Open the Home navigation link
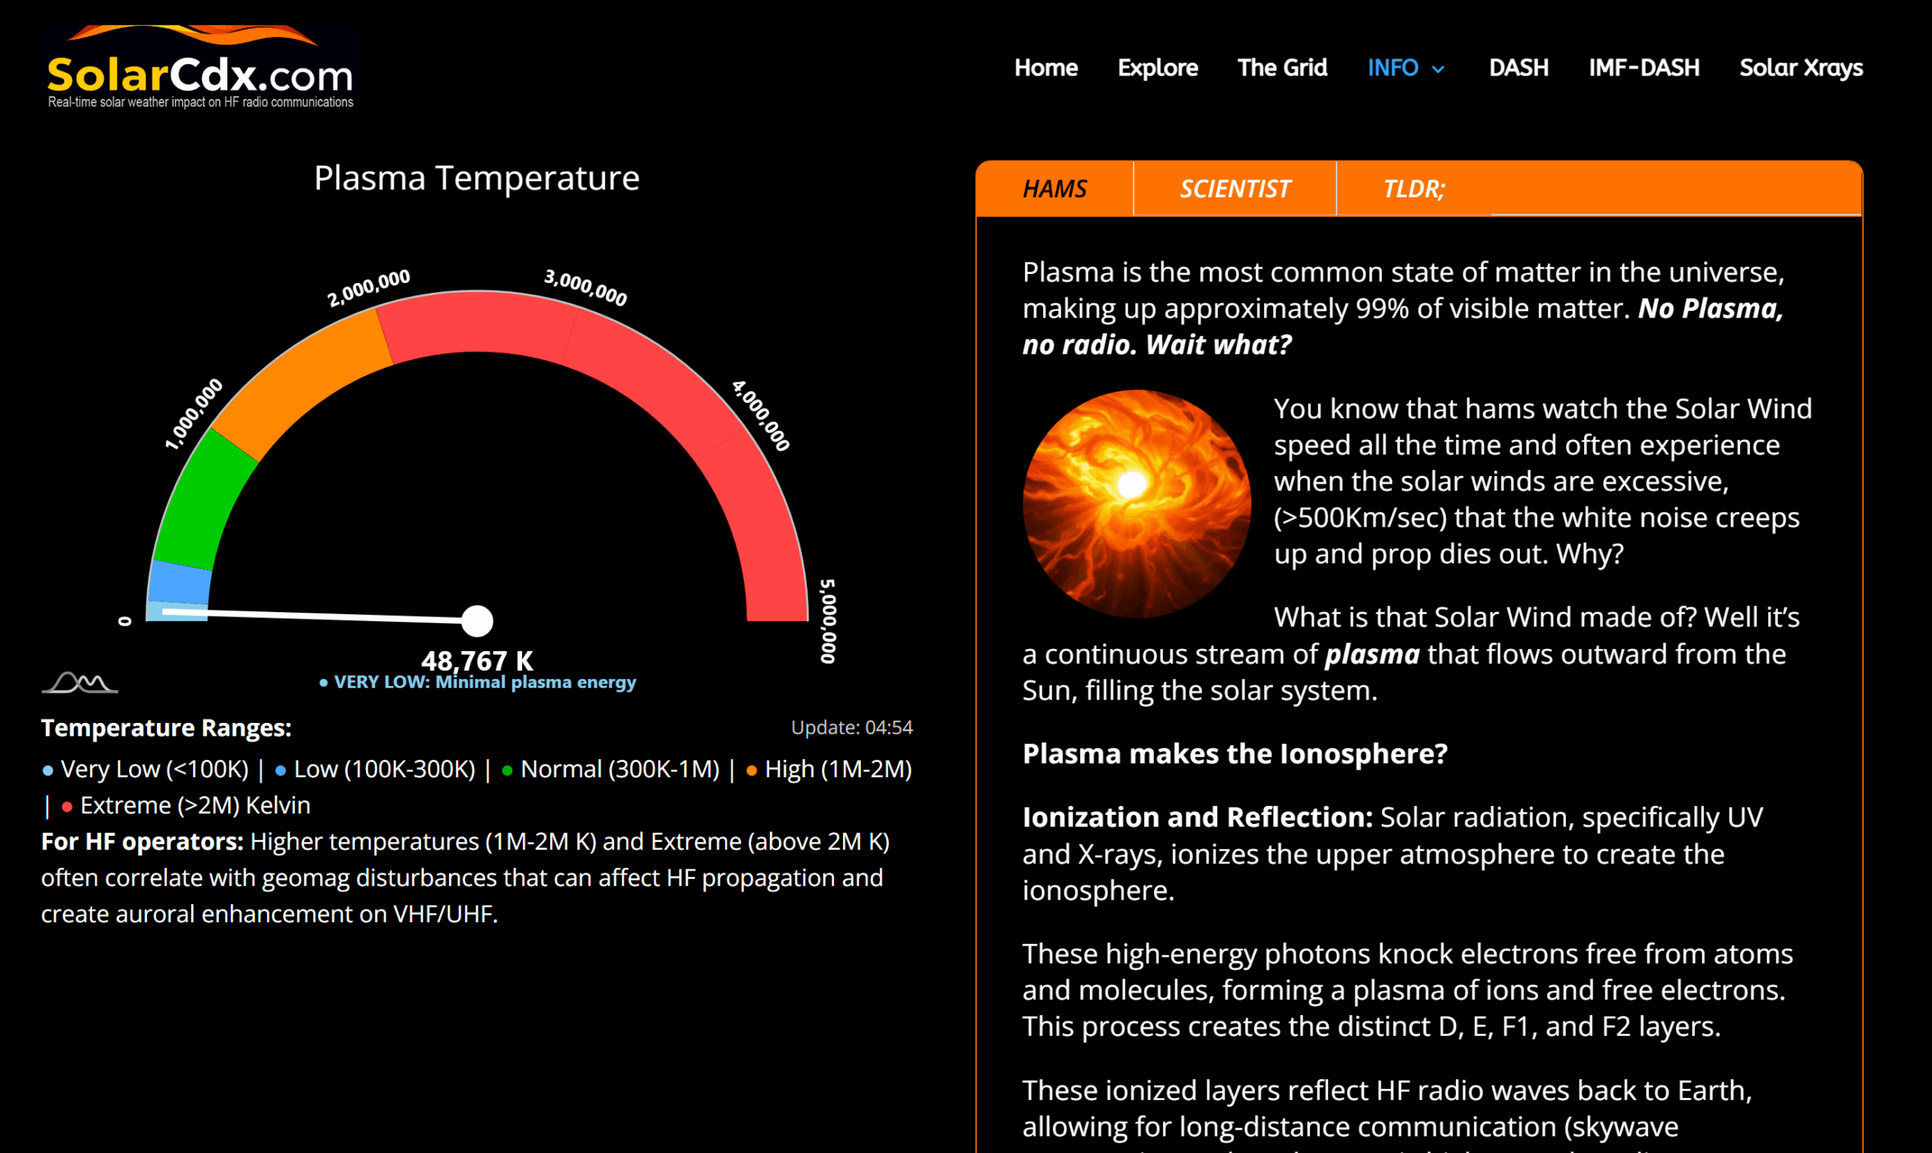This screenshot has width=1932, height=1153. [1046, 68]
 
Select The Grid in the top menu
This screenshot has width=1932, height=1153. [1281, 68]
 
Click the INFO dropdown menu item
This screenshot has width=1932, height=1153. [1405, 68]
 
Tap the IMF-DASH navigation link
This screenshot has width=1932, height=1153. [1644, 68]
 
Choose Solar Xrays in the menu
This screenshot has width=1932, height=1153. [1801, 68]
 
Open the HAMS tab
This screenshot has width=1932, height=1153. [1054, 189]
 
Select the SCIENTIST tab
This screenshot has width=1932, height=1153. [1235, 189]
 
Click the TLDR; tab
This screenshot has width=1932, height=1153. [1414, 189]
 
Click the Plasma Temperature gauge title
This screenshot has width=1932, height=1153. [476, 178]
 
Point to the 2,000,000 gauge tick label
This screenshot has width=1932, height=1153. [368, 287]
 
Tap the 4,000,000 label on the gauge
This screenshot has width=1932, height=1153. [761, 416]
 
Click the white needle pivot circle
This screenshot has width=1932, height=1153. [477, 621]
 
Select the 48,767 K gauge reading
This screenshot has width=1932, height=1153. [477, 660]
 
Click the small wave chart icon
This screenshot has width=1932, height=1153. [79, 682]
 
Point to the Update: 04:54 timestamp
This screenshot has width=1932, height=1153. [851, 727]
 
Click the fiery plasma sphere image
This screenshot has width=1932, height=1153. [1137, 503]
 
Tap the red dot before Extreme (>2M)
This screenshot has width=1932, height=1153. [67, 807]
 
